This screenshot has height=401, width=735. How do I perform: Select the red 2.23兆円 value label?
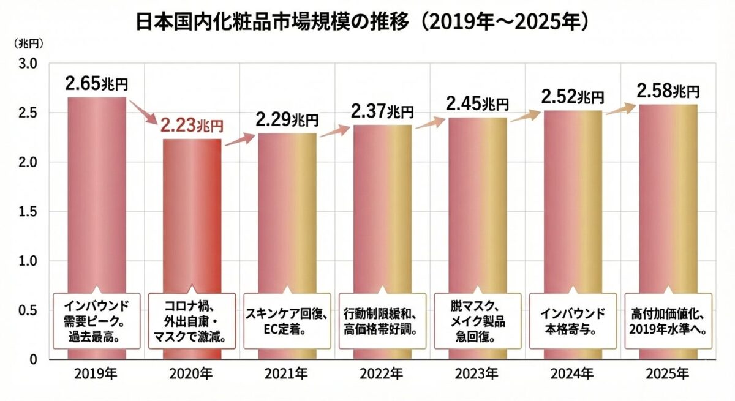tap(192, 126)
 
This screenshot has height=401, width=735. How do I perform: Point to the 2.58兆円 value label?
tap(668, 92)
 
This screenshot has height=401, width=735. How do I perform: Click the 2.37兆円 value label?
tap(382, 111)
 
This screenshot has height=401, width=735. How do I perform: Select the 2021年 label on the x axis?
tap(287, 373)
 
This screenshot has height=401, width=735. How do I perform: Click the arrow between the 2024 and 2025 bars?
tap(620, 110)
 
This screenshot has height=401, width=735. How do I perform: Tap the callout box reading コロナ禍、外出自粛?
tap(192, 321)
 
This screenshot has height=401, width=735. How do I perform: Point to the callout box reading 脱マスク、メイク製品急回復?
tap(477, 321)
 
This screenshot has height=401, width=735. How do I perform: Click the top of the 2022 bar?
tap(382, 126)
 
